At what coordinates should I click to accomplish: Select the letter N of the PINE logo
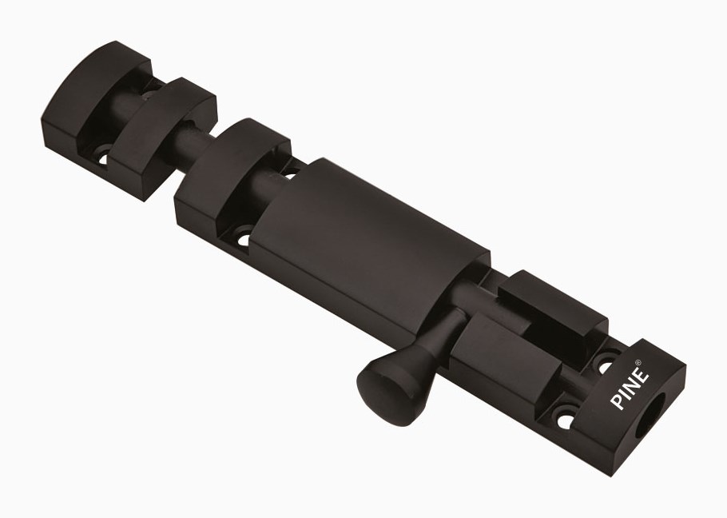[x=633, y=385]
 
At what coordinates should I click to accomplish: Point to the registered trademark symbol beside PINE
[x=638, y=362]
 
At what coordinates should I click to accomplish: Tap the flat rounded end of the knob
[x=381, y=394]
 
